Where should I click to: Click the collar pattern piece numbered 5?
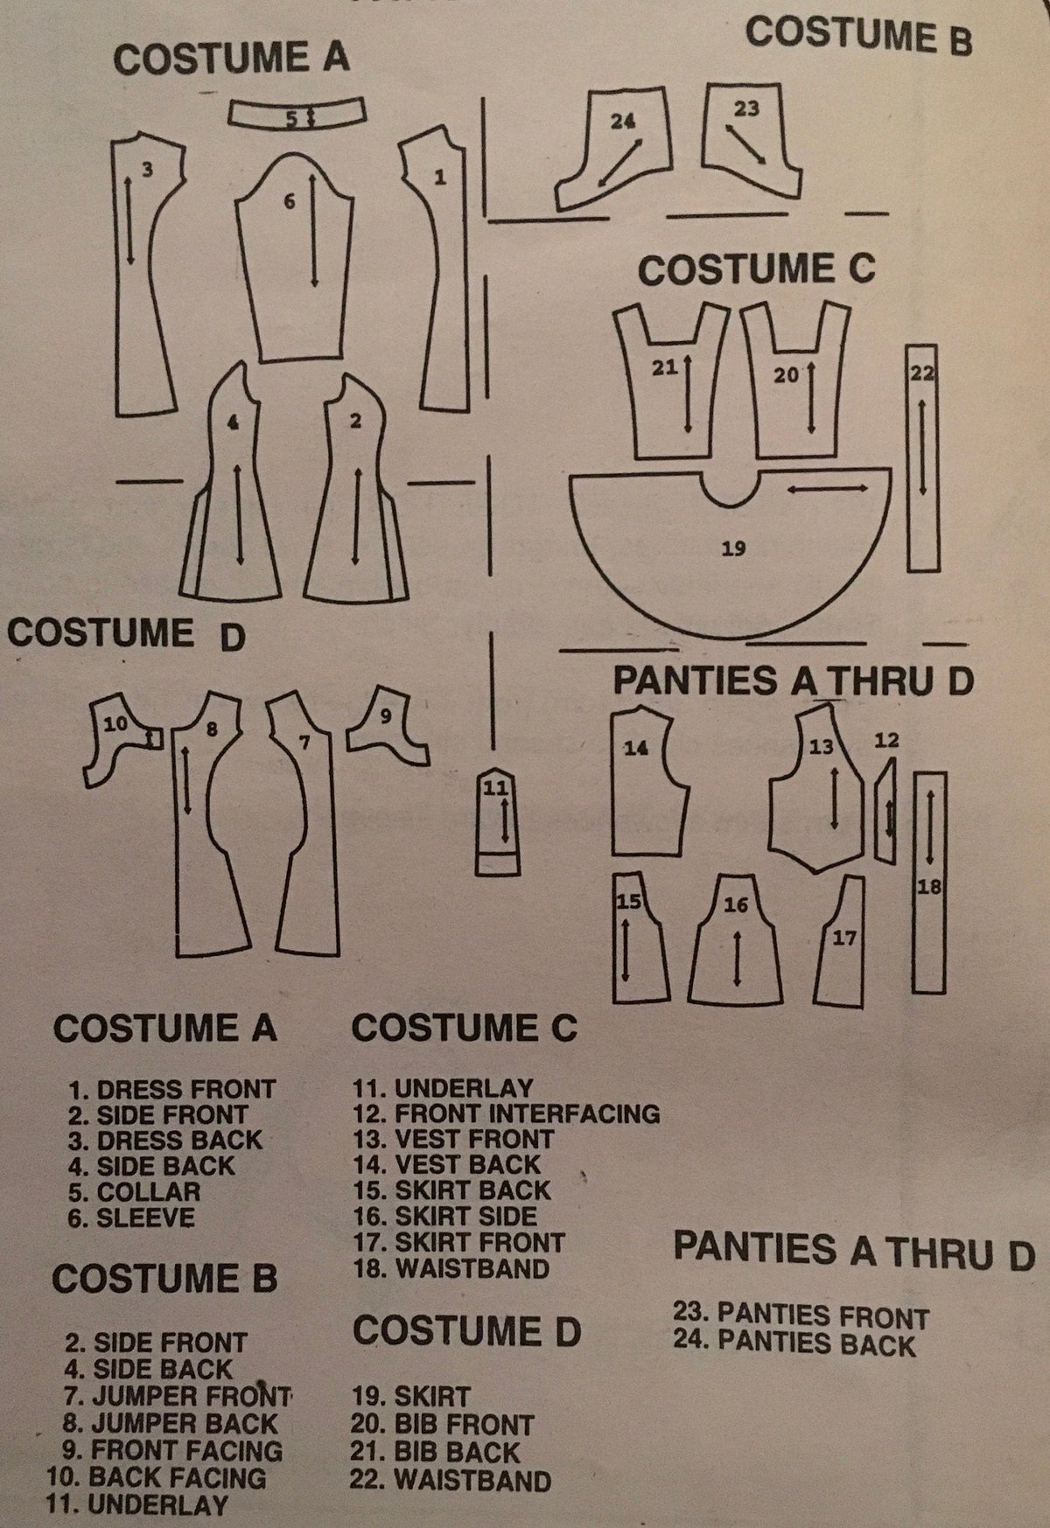297,114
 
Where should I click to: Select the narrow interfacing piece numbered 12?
888,809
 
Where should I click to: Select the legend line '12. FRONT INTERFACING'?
506,1113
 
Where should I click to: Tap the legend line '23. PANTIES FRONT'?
801,1316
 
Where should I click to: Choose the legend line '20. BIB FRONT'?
441,1425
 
